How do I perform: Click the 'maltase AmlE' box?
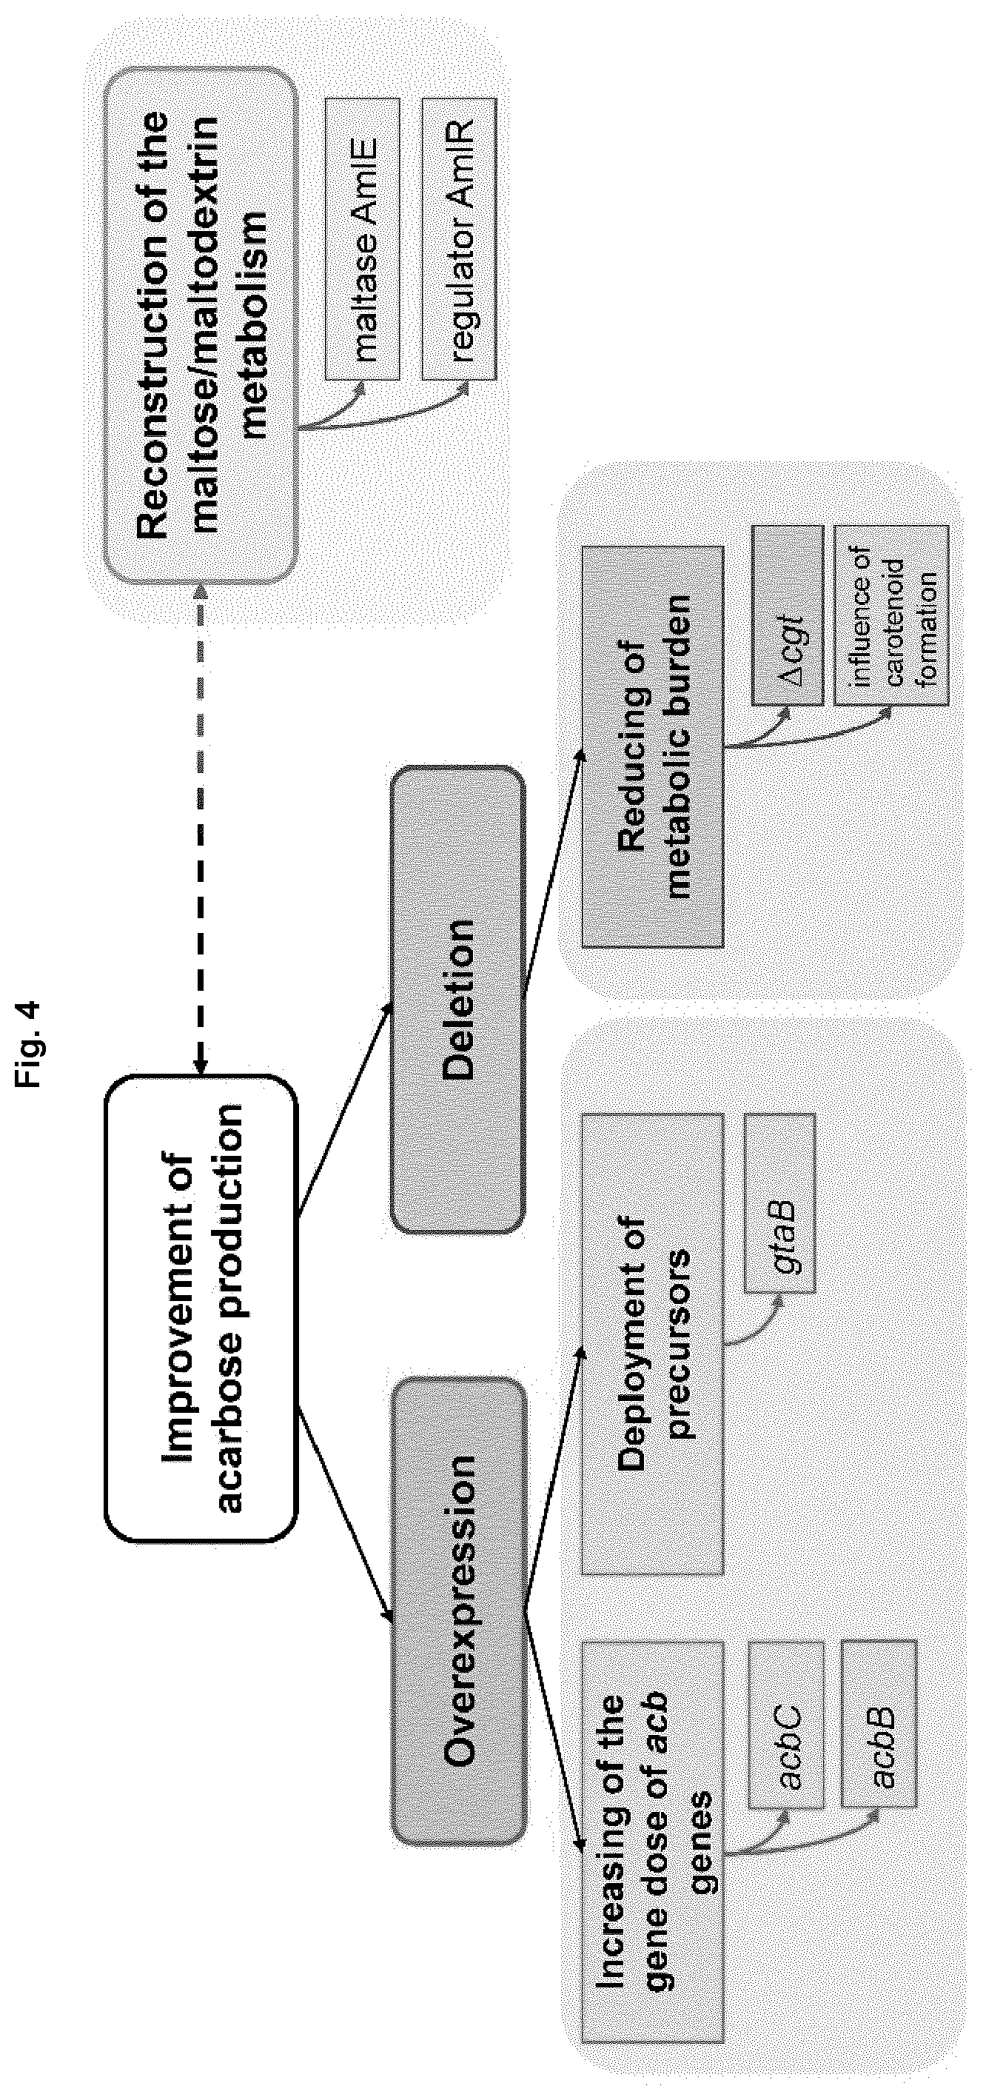pyautogui.click(x=363, y=239)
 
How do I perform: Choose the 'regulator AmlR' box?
pyautogui.click(x=460, y=239)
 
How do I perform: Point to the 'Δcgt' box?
pyautogui.click(x=788, y=615)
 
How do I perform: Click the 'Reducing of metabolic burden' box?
pyautogui.click(x=653, y=746)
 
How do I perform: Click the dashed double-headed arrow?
pyautogui.click(x=201, y=826)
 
